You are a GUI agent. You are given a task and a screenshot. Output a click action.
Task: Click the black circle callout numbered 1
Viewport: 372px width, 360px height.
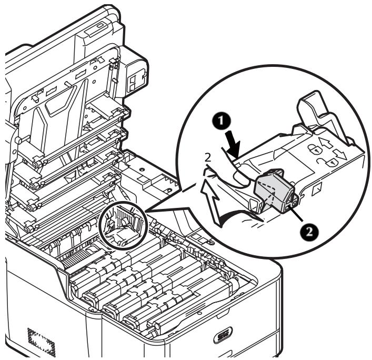click(221, 120)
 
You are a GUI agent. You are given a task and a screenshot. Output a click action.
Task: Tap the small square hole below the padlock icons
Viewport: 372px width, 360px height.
click(317, 186)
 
